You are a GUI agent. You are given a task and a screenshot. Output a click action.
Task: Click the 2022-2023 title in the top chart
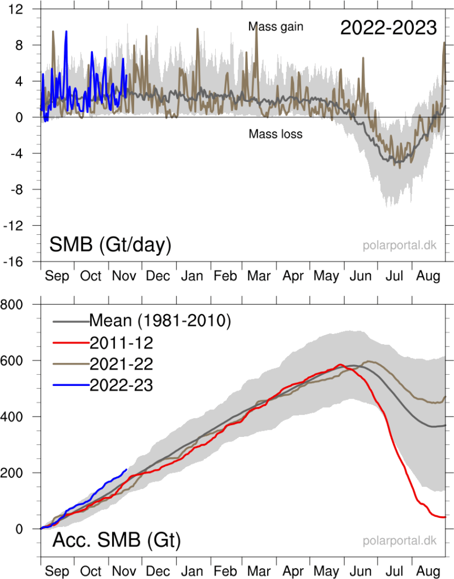pyautogui.click(x=388, y=27)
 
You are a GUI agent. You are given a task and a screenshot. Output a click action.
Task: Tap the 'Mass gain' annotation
pyautogui.click(x=276, y=26)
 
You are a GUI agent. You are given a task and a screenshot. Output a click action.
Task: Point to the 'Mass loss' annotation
pyautogui.click(x=276, y=134)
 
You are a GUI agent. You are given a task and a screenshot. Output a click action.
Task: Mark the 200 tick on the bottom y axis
pyautogui.click(x=20, y=473)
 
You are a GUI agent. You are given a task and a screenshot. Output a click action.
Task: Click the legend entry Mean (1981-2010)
pyautogui.click(x=160, y=321)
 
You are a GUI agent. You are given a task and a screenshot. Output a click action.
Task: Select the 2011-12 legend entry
pyautogui.click(x=121, y=342)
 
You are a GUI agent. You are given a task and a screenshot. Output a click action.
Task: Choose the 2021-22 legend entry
pyautogui.click(x=121, y=363)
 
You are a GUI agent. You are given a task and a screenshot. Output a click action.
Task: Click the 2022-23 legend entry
pyautogui.click(x=121, y=385)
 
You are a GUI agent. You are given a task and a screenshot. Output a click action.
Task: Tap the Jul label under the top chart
pyautogui.click(x=395, y=276)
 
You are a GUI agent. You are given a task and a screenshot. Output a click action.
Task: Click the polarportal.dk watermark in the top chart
pyautogui.click(x=400, y=246)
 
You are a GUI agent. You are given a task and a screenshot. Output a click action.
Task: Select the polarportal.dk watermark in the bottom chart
pyautogui.click(x=400, y=541)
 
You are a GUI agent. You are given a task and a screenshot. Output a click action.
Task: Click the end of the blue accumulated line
pyautogui.click(x=126, y=469)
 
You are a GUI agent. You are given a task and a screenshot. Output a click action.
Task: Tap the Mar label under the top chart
pyautogui.click(x=259, y=276)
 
